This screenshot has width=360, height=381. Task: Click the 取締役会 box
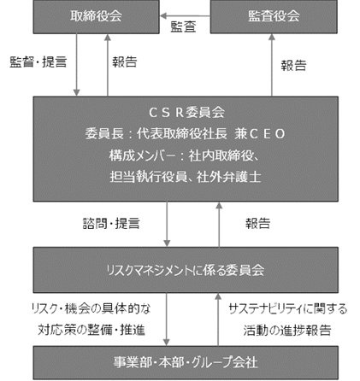click(96, 16)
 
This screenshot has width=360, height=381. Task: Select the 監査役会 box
click(274, 16)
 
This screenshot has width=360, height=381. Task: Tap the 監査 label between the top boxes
click(183, 26)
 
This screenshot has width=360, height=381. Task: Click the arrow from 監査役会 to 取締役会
click(185, 15)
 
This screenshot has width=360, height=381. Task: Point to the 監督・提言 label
click(38, 62)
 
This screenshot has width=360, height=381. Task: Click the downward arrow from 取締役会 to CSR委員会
click(76, 65)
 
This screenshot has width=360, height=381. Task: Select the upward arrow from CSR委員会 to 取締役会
click(108, 65)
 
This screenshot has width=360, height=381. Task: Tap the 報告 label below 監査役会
click(293, 66)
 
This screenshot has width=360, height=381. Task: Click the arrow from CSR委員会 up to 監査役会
click(272, 65)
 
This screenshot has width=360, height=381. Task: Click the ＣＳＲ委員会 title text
click(186, 113)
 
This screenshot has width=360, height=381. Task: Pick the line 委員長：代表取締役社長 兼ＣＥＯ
click(185, 133)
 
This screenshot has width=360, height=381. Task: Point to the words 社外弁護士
click(228, 177)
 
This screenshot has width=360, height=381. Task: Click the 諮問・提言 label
click(111, 223)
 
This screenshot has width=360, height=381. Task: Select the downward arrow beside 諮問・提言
click(167, 224)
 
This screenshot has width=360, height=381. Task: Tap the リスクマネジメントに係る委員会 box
click(186, 270)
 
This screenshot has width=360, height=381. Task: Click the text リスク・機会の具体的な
click(91, 308)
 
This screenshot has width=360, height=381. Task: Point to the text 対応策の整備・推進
click(91, 330)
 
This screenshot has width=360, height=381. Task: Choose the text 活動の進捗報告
click(287, 331)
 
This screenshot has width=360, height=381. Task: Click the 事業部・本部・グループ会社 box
click(186, 362)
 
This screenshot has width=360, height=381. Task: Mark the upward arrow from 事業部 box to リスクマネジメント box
click(218, 319)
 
